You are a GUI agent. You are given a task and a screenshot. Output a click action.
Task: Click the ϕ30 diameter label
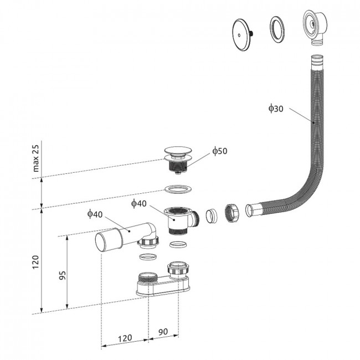coord(276,109)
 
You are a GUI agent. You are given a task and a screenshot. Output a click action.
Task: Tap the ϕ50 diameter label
coord(220,151)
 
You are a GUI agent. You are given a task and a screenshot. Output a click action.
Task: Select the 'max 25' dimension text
coord(35,158)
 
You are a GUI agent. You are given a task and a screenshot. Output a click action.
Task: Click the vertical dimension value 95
coord(62,275)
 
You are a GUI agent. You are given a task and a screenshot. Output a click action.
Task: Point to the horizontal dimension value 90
coord(163,332)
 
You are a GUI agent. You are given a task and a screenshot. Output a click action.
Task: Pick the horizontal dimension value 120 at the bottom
coord(125,338)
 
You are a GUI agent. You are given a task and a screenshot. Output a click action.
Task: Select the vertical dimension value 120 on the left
coord(35,262)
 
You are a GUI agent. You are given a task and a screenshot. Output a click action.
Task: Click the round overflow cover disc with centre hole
coord(241,34)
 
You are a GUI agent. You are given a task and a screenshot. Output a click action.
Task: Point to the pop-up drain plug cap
coord(178,152)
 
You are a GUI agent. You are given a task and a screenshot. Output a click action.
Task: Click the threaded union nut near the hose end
coord(232,214)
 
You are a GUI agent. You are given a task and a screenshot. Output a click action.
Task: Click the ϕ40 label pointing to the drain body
coord(138,203)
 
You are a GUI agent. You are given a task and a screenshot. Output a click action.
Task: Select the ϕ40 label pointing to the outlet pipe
coord(95,214)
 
